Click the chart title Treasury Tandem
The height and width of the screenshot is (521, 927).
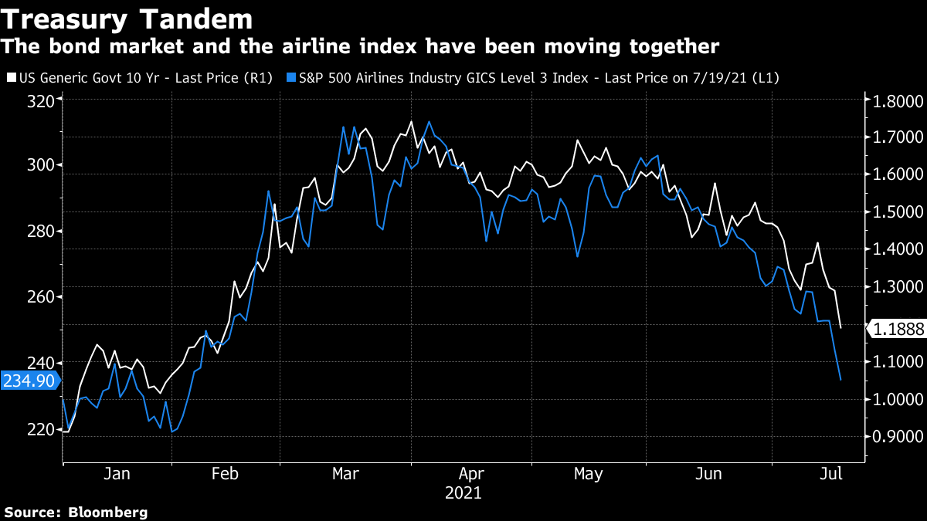pyautogui.click(x=127, y=19)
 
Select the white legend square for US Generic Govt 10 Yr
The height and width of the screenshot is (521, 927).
pyautogui.click(x=11, y=78)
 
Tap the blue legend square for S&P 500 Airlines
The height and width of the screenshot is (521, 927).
pyautogui.click(x=290, y=78)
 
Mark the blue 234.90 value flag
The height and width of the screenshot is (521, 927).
pyautogui.click(x=29, y=381)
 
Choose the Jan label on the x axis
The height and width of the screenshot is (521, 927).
pyautogui.click(x=116, y=473)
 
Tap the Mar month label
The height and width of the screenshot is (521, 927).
pyautogui.click(x=345, y=473)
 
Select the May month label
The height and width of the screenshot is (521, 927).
pyautogui.click(x=588, y=473)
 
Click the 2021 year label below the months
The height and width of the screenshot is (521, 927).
pyautogui.click(x=463, y=492)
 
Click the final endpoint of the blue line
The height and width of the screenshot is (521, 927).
pyautogui.click(x=840, y=380)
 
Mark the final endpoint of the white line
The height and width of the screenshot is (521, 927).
pyautogui.click(x=840, y=329)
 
